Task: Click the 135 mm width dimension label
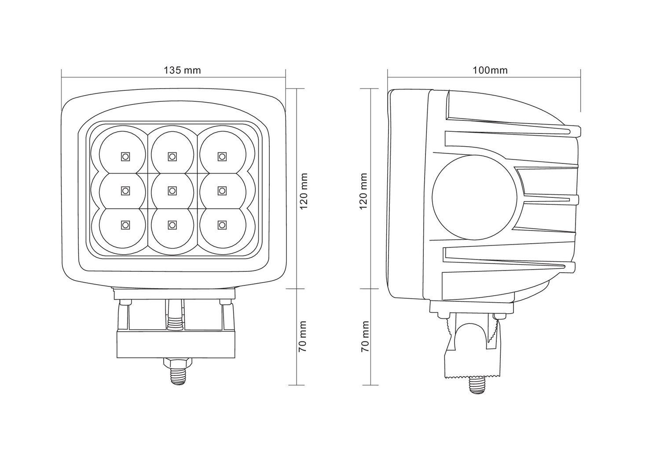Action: tap(182, 70)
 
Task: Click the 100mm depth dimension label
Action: tap(490, 70)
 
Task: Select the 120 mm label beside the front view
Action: tap(303, 191)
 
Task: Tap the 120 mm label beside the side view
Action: tap(364, 191)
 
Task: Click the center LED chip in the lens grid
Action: tap(172, 190)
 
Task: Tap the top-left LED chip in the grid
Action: tap(125, 156)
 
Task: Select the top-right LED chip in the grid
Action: tap(222, 156)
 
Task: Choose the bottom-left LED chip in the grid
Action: tap(125, 225)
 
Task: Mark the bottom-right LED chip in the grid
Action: tap(222, 225)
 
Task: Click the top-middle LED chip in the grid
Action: tap(172, 156)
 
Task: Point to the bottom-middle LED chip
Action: tap(172, 225)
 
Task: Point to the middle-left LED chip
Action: tap(125, 190)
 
